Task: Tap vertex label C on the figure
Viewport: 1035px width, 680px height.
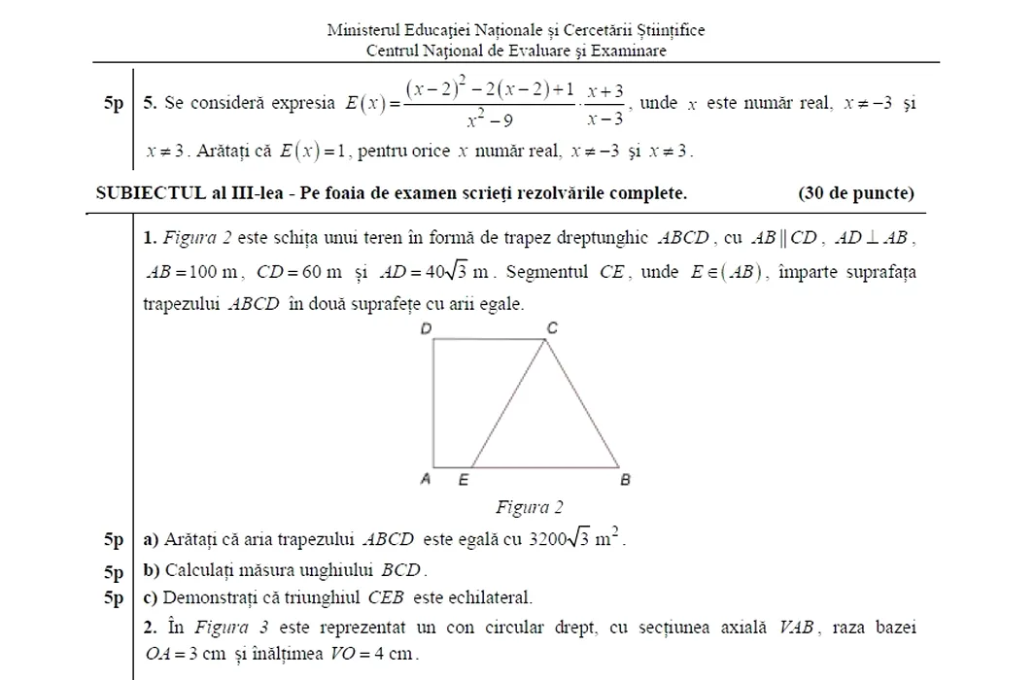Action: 552,328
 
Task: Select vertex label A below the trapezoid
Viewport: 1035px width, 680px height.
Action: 424,479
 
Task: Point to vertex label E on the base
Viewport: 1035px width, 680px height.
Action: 463,479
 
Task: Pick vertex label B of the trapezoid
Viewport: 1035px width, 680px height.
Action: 625,479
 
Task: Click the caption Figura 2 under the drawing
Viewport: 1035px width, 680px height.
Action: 530,507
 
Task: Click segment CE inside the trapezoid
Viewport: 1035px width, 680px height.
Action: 507,402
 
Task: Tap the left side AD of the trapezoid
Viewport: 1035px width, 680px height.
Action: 432,402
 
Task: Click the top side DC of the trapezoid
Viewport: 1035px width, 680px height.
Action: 488,339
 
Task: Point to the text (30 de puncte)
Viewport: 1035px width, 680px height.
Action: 855,192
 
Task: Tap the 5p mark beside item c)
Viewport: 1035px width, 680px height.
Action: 115,597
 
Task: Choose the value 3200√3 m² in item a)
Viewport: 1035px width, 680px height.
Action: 574,538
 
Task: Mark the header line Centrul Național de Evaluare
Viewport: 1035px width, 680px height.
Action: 516,50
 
